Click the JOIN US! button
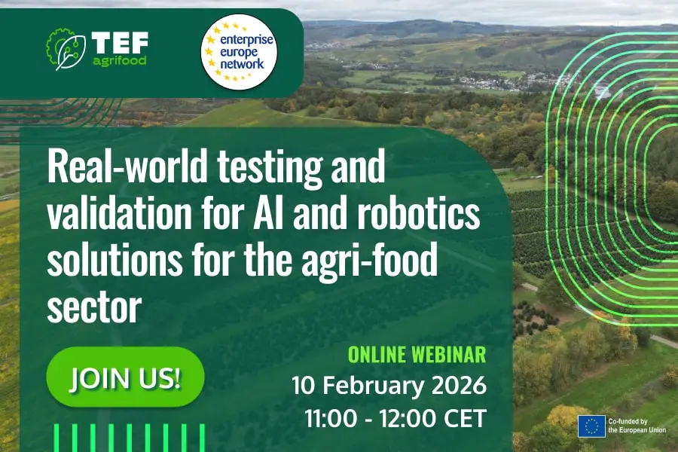point(125,377)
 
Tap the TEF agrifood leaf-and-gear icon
point(66,49)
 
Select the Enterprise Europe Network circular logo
point(239,52)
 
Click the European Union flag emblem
point(591,426)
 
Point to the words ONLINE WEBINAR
point(417,355)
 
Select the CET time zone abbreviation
point(466,419)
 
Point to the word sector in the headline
point(94,307)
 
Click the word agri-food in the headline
point(370,261)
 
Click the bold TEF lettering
point(120,43)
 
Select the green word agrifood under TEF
point(120,61)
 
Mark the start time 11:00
point(331,419)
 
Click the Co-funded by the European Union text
point(637,426)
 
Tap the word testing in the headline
point(270,168)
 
